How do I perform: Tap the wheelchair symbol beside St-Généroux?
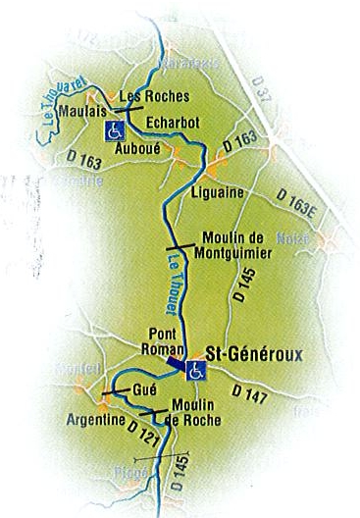[195, 370]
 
